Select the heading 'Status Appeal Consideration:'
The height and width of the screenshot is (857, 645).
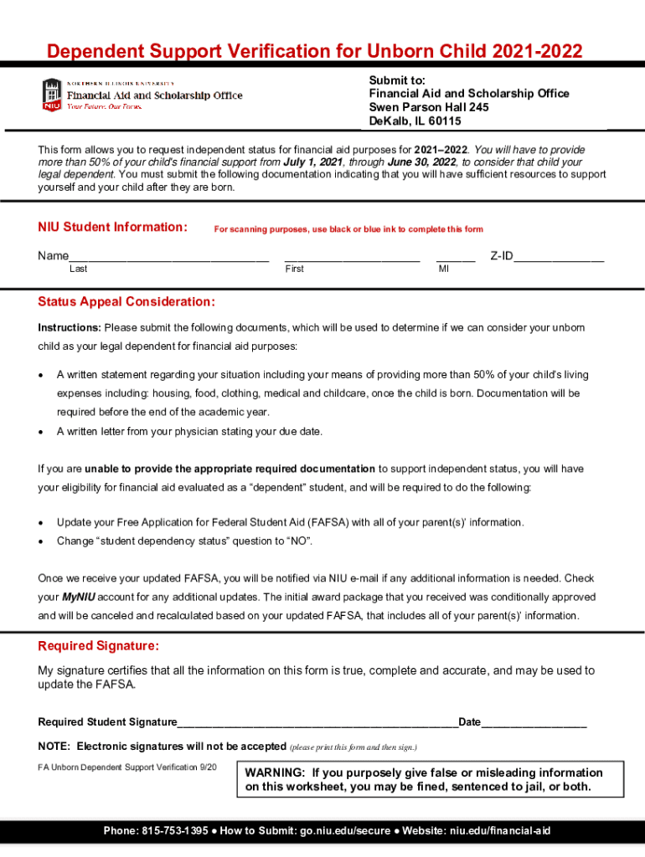[126, 301]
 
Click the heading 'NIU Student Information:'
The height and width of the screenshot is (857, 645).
[112, 227]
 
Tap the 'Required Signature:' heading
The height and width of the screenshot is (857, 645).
[98, 646]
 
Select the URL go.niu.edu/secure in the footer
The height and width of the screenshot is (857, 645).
[344, 831]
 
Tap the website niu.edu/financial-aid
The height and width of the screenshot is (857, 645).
[500, 831]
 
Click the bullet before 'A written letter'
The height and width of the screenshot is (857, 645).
[42, 432]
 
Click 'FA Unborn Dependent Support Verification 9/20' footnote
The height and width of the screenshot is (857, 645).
[127, 767]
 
